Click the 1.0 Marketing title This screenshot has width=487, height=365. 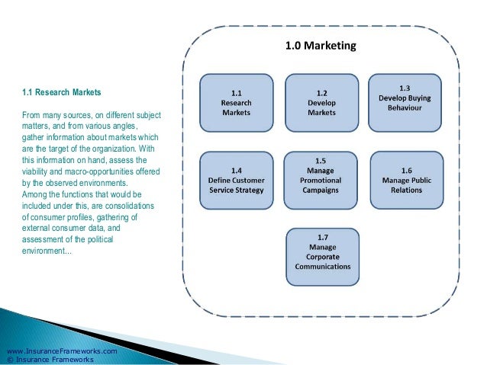(x=321, y=46)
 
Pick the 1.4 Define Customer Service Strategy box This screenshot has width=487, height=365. (x=236, y=179)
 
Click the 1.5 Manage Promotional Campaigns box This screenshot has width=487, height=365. (x=321, y=175)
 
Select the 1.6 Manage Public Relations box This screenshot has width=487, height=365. (x=406, y=179)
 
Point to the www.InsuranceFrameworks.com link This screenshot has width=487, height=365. (x=61, y=351)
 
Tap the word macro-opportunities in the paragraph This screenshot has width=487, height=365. (x=104, y=172)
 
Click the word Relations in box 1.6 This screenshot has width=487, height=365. (x=406, y=190)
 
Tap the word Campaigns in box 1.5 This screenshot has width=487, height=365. (x=321, y=190)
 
